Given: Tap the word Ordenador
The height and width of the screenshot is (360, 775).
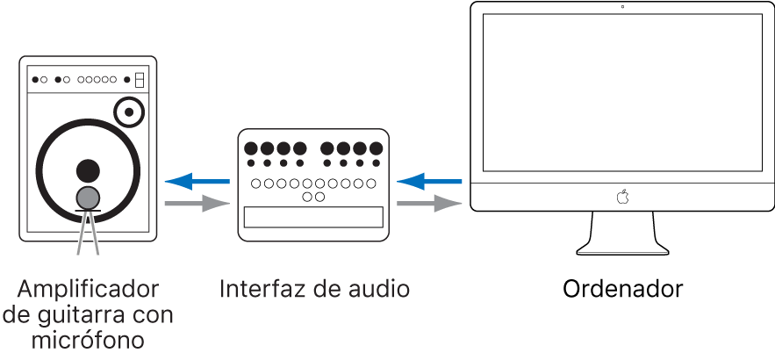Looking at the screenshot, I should pyautogui.click(x=622, y=289).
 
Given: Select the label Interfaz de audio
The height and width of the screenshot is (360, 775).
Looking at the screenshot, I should pyautogui.click(x=314, y=289).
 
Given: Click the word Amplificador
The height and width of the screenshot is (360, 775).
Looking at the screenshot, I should pyautogui.click(x=89, y=289).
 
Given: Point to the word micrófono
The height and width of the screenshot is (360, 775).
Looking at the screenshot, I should pyautogui.click(x=89, y=339).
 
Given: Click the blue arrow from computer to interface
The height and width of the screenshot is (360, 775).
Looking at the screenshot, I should pyautogui.click(x=429, y=182).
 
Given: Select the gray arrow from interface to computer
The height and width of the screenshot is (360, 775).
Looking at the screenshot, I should pyautogui.click(x=429, y=205).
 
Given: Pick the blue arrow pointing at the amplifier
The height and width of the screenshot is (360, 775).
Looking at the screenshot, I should pyautogui.click(x=197, y=182).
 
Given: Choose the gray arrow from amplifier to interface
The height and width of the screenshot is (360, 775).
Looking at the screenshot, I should pyautogui.click(x=197, y=205).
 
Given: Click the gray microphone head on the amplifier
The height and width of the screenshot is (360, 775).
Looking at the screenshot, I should pyautogui.click(x=88, y=198).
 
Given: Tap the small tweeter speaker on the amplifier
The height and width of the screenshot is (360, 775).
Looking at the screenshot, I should pyautogui.click(x=130, y=112).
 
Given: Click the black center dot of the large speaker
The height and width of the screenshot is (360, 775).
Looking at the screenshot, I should pyautogui.click(x=88, y=169).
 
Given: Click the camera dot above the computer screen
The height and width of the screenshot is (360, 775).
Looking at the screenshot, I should pyautogui.click(x=622, y=7).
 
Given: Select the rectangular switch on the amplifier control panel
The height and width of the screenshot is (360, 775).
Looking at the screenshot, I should pyautogui.click(x=139, y=80).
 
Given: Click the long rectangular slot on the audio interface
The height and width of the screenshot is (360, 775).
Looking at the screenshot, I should pyautogui.click(x=313, y=218).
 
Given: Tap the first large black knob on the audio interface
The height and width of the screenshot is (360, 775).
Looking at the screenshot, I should pyautogui.click(x=251, y=148).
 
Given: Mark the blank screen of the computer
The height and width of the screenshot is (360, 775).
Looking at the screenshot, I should pyautogui.click(x=622, y=92).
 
